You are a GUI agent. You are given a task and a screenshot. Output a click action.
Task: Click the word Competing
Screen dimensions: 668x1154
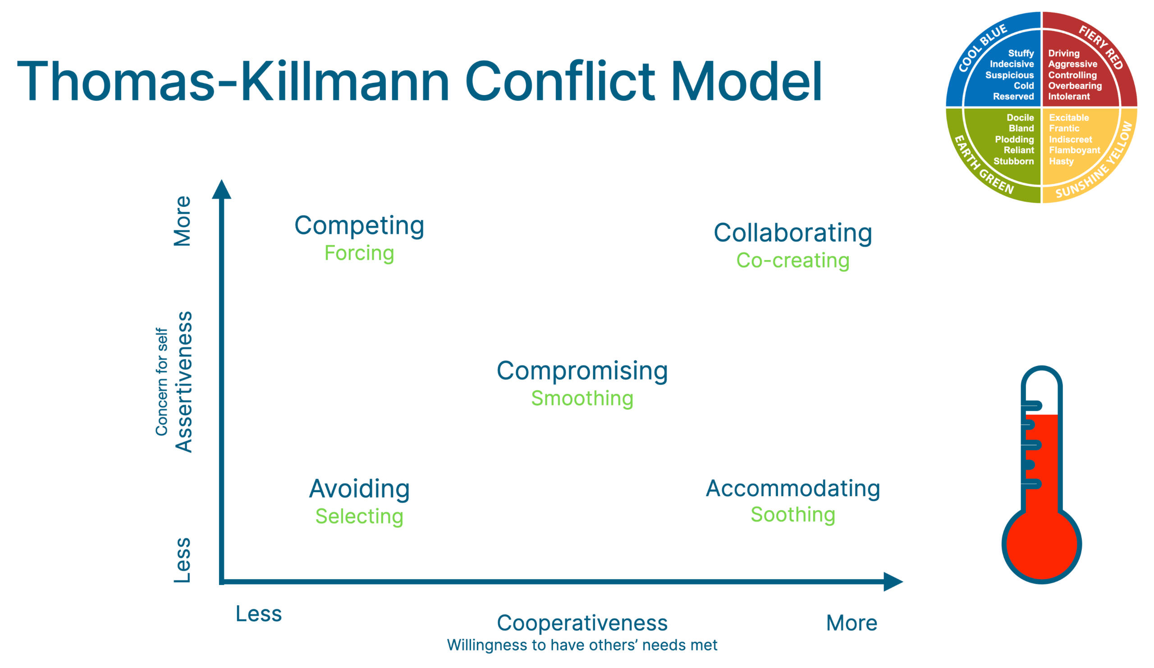click(x=359, y=226)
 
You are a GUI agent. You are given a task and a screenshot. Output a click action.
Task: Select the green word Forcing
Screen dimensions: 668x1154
click(x=359, y=253)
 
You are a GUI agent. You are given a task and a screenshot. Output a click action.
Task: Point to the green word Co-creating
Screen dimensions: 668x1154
click(x=792, y=260)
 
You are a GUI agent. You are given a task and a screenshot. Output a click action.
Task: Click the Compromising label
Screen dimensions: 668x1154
click(x=582, y=371)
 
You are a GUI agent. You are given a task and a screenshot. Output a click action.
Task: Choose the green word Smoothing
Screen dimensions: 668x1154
click(x=582, y=398)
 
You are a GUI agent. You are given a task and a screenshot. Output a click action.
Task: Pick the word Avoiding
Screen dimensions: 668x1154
click(x=359, y=489)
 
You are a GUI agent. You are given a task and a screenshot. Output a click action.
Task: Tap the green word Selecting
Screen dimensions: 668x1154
click(x=359, y=516)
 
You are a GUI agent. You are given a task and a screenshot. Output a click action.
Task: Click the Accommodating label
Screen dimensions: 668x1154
click(x=792, y=488)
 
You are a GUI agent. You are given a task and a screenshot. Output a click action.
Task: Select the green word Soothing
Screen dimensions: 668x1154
click(x=792, y=514)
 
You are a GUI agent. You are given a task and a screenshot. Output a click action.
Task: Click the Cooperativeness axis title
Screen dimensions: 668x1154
click(x=582, y=622)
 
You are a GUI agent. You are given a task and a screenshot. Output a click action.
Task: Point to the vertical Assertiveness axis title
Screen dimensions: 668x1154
click(x=183, y=382)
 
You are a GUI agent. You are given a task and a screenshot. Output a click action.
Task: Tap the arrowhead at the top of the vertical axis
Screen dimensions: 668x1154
click(x=222, y=190)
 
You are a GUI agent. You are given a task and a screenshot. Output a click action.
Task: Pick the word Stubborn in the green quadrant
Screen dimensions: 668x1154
click(x=1013, y=161)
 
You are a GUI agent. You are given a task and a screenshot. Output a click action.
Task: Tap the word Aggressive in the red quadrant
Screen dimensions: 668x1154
click(x=1072, y=64)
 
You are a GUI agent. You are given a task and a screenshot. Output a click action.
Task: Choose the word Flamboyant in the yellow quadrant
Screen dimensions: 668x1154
click(x=1074, y=150)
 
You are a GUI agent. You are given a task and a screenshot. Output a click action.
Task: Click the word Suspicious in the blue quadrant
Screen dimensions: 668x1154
click(x=1009, y=75)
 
